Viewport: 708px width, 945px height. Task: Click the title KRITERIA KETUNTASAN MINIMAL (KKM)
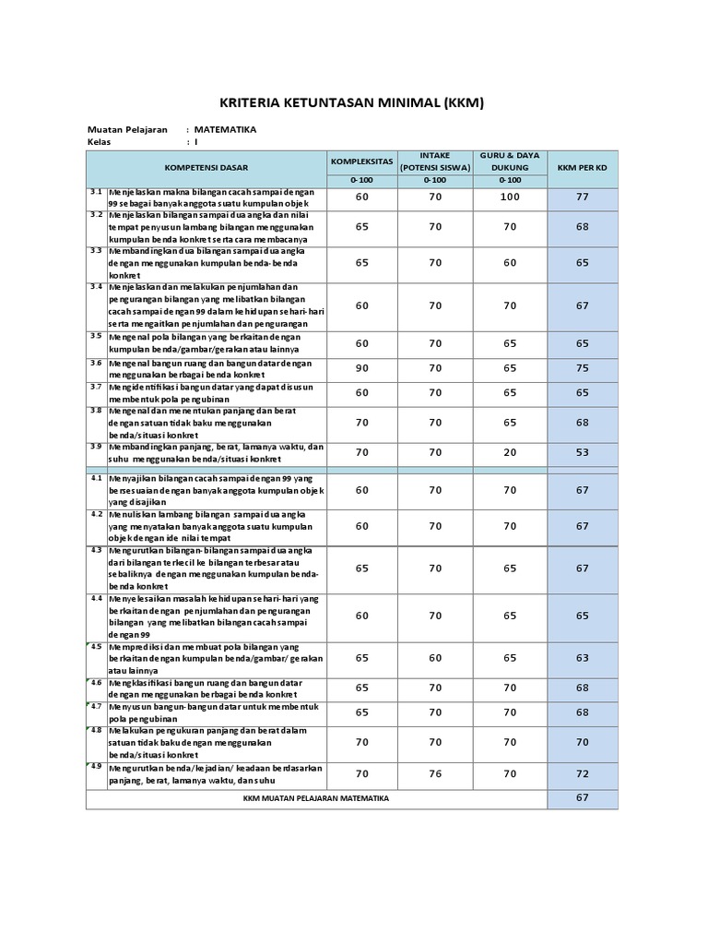pyautogui.click(x=351, y=102)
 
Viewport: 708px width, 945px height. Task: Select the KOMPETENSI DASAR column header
pyautogui.click(x=206, y=168)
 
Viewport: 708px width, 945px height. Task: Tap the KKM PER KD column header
pyautogui.click(x=582, y=168)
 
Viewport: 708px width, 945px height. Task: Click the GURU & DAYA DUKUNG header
pyautogui.click(x=510, y=161)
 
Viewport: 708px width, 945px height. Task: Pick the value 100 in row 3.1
pyautogui.click(x=510, y=197)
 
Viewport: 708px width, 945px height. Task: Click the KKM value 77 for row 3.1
pyautogui.click(x=582, y=197)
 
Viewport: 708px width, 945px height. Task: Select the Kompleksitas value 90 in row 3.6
pyautogui.click(x=361, y=367)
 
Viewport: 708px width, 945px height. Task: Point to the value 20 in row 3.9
pyautogui.click(x=510, y=452)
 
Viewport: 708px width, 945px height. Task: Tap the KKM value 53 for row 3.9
pyautogui.click(x=582, y=452)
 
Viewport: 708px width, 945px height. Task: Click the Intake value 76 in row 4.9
pyautogui.click(x=435, y=773)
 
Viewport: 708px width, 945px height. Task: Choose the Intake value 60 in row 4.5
pyautogui.click(x=435, y=658)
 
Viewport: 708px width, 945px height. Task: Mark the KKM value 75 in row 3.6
pyautogui.click(x=582, y=367)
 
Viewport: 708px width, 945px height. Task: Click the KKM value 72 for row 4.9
pyautogui.click(x=582, y=773)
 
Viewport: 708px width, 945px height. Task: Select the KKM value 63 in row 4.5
pyautogui.click(x=582, y=658)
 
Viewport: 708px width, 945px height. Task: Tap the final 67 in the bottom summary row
pyautogui.click(x=582, y=798)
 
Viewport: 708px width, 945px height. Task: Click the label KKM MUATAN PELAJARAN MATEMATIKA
pyautogui.click(x=316, y=798)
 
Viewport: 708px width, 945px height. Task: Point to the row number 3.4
pyautogui.click(x=95, y=287)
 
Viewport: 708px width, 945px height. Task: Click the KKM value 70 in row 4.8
pyautogui.click(x=582, y=741)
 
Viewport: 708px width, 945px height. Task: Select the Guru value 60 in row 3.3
pyautogui.click(x=510, y=262)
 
